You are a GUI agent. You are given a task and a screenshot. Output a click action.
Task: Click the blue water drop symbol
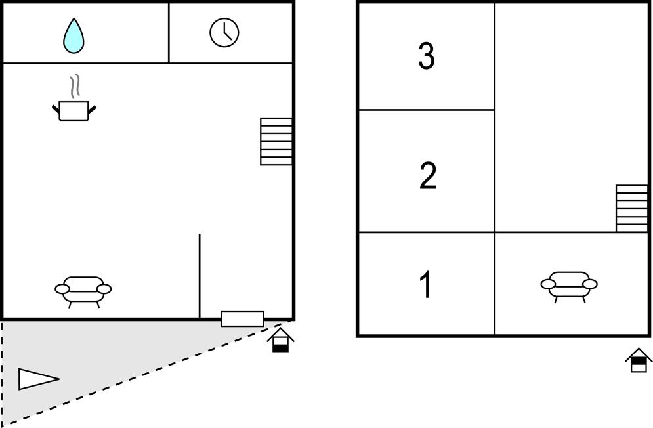74,36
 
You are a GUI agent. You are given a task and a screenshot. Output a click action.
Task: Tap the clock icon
224,33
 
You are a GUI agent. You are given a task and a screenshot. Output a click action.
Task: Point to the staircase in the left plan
276,142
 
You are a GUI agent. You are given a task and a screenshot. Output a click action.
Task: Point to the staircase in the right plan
632,208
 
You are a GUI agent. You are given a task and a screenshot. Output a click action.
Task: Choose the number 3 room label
427,56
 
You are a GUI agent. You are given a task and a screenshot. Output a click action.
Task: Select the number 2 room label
428,176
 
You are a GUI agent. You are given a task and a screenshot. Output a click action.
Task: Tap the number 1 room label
426,285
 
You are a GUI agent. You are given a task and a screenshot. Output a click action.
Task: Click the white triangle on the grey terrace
38,379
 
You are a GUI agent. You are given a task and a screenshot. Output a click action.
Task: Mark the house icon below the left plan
281,339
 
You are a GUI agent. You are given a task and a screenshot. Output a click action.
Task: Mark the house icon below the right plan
639,360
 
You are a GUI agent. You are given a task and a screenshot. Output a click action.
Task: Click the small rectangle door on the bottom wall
242,319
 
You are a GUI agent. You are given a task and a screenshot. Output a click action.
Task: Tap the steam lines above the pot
75,87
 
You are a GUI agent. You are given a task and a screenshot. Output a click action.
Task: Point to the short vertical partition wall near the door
200,276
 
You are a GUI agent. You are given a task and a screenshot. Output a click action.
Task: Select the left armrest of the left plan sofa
62,289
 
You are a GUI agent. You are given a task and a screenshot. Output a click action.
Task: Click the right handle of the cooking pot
92,110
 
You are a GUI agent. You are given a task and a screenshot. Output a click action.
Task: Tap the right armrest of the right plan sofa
590,284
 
